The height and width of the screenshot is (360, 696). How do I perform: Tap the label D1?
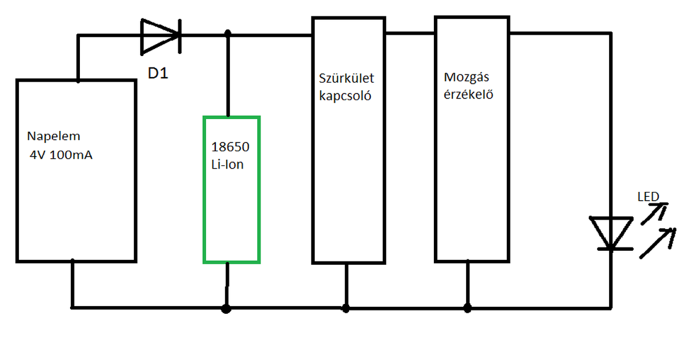[x=158, y=73]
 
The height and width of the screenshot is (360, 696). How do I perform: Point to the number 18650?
[x=230, y=147]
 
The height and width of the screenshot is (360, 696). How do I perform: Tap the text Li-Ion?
[x=227, y=164]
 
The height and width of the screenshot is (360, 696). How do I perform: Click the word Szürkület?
[x=346, y=78]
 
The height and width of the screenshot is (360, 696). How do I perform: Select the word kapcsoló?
[x=345, y=96]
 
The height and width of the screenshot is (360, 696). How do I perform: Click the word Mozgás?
[x=466, y=76]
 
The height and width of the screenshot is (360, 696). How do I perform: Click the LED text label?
[x=648, y=196]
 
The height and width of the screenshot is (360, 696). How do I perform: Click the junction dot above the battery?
[x=228, y=34]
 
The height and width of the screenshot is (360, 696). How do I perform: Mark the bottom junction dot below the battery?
[x=227, y=308]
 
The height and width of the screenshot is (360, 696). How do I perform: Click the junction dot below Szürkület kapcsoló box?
[x=346, y=308]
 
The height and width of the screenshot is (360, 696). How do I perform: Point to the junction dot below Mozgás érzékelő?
[x=467, y=308]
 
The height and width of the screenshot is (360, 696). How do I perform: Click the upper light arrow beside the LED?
[x=654, y=213]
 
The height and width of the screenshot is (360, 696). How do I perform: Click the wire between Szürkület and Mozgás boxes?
[x=410, y=34]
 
